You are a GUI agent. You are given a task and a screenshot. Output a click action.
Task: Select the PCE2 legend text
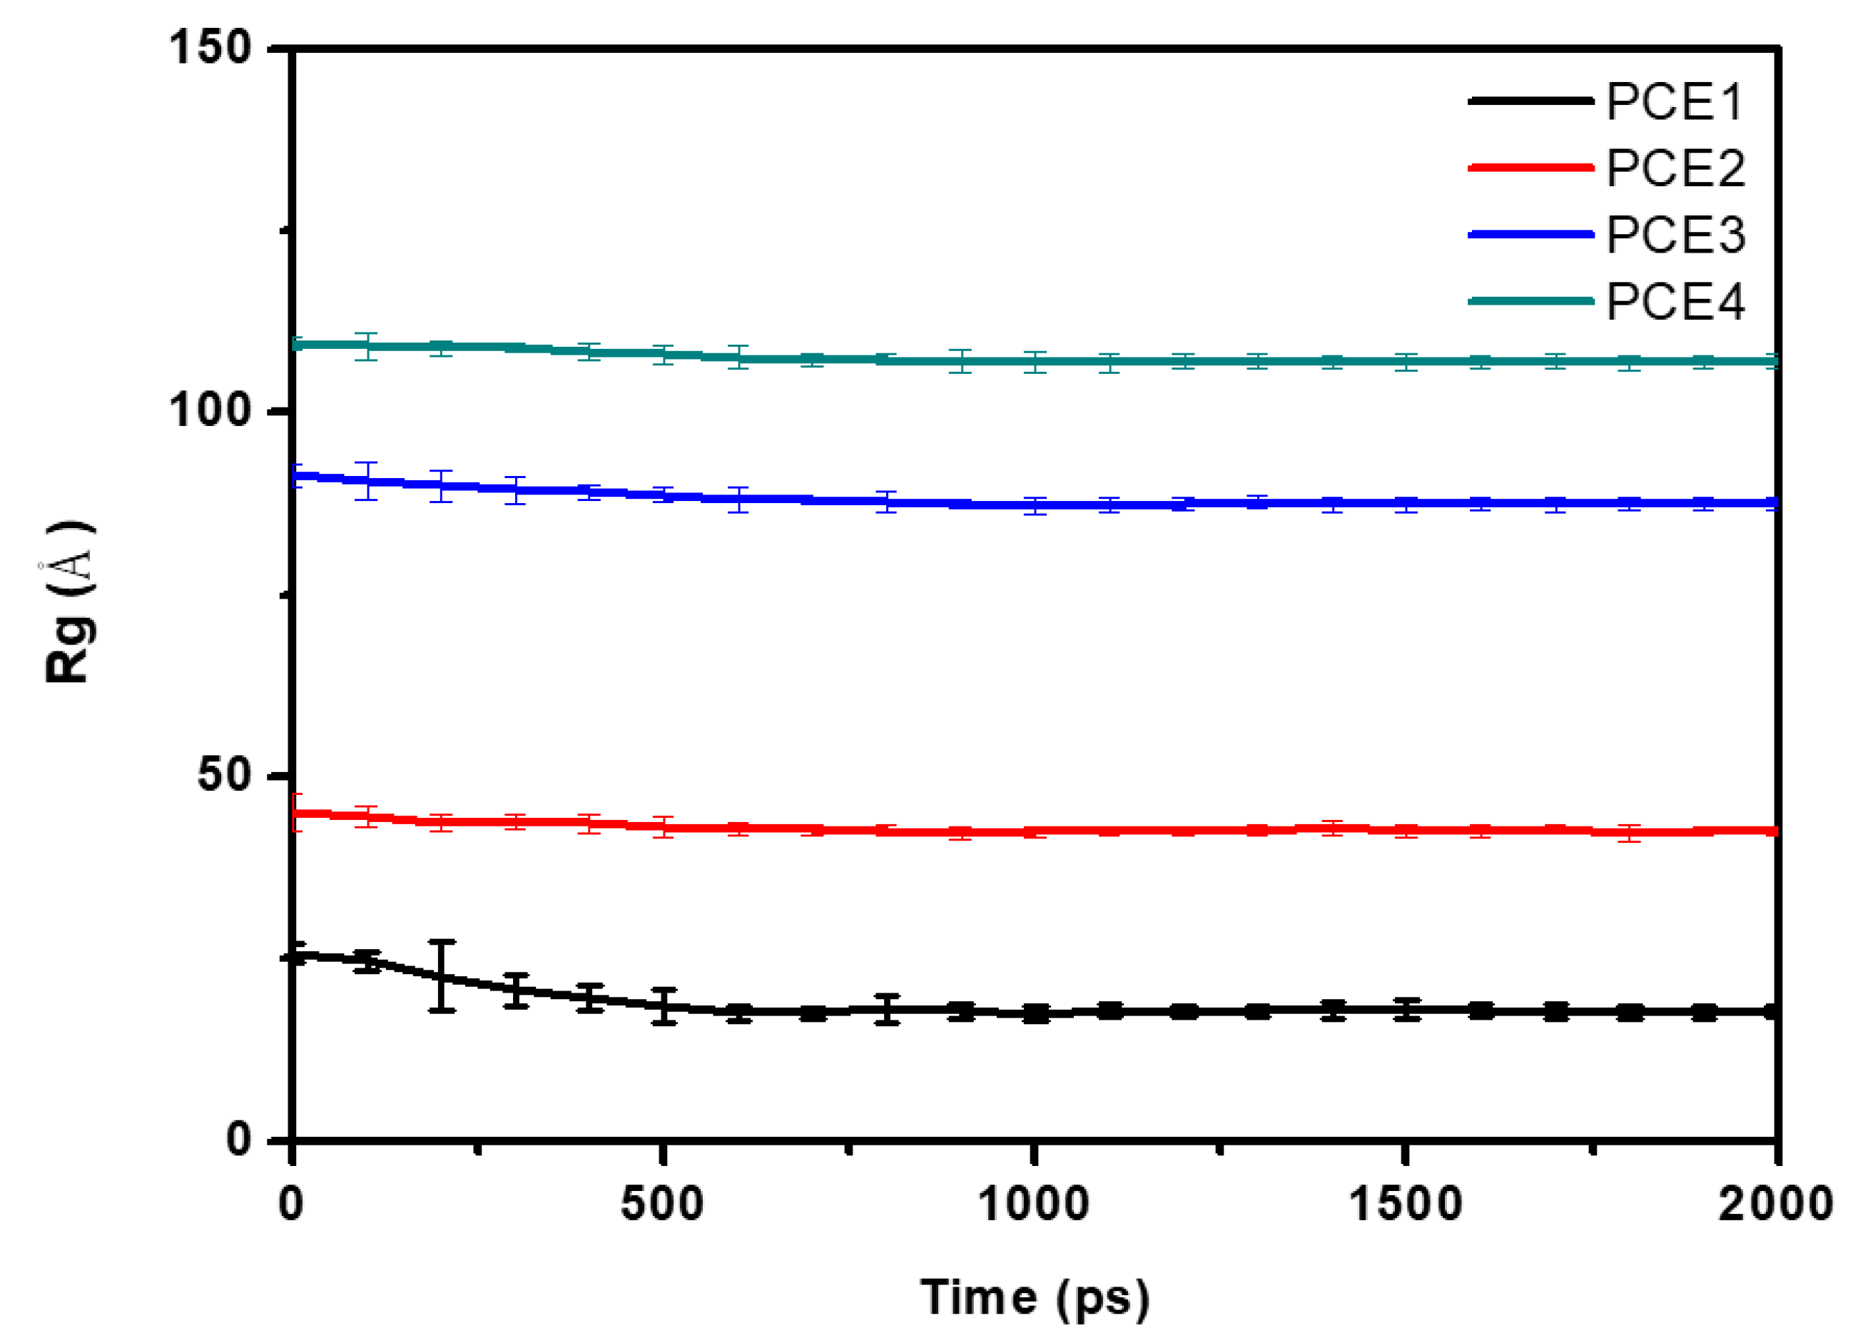[x=1675, y=169]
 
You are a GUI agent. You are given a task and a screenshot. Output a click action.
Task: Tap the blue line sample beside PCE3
[x=1530, y=235]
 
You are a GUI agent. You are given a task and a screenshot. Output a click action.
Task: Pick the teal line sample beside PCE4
[x=1530, y=301]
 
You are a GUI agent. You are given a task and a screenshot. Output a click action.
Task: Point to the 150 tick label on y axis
[x=210, y=46]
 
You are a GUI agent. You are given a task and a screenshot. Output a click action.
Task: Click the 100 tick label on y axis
[x=210, y=410]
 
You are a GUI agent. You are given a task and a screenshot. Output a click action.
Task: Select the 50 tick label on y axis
[x=225, y=774]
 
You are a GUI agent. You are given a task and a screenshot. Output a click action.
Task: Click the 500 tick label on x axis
[x=662, y=1204]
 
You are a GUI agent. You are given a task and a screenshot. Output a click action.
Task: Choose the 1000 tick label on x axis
[x=1035, y=1204]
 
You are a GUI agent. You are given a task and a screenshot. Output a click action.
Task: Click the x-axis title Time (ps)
[x=1035, y=1297]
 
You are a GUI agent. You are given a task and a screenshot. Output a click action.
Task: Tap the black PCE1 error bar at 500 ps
[x=664, y=1006]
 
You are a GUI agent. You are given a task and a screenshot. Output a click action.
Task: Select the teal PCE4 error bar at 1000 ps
[x=1035, y=362]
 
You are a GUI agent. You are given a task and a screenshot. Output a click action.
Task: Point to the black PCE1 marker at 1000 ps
[x=1035, y=1014]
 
